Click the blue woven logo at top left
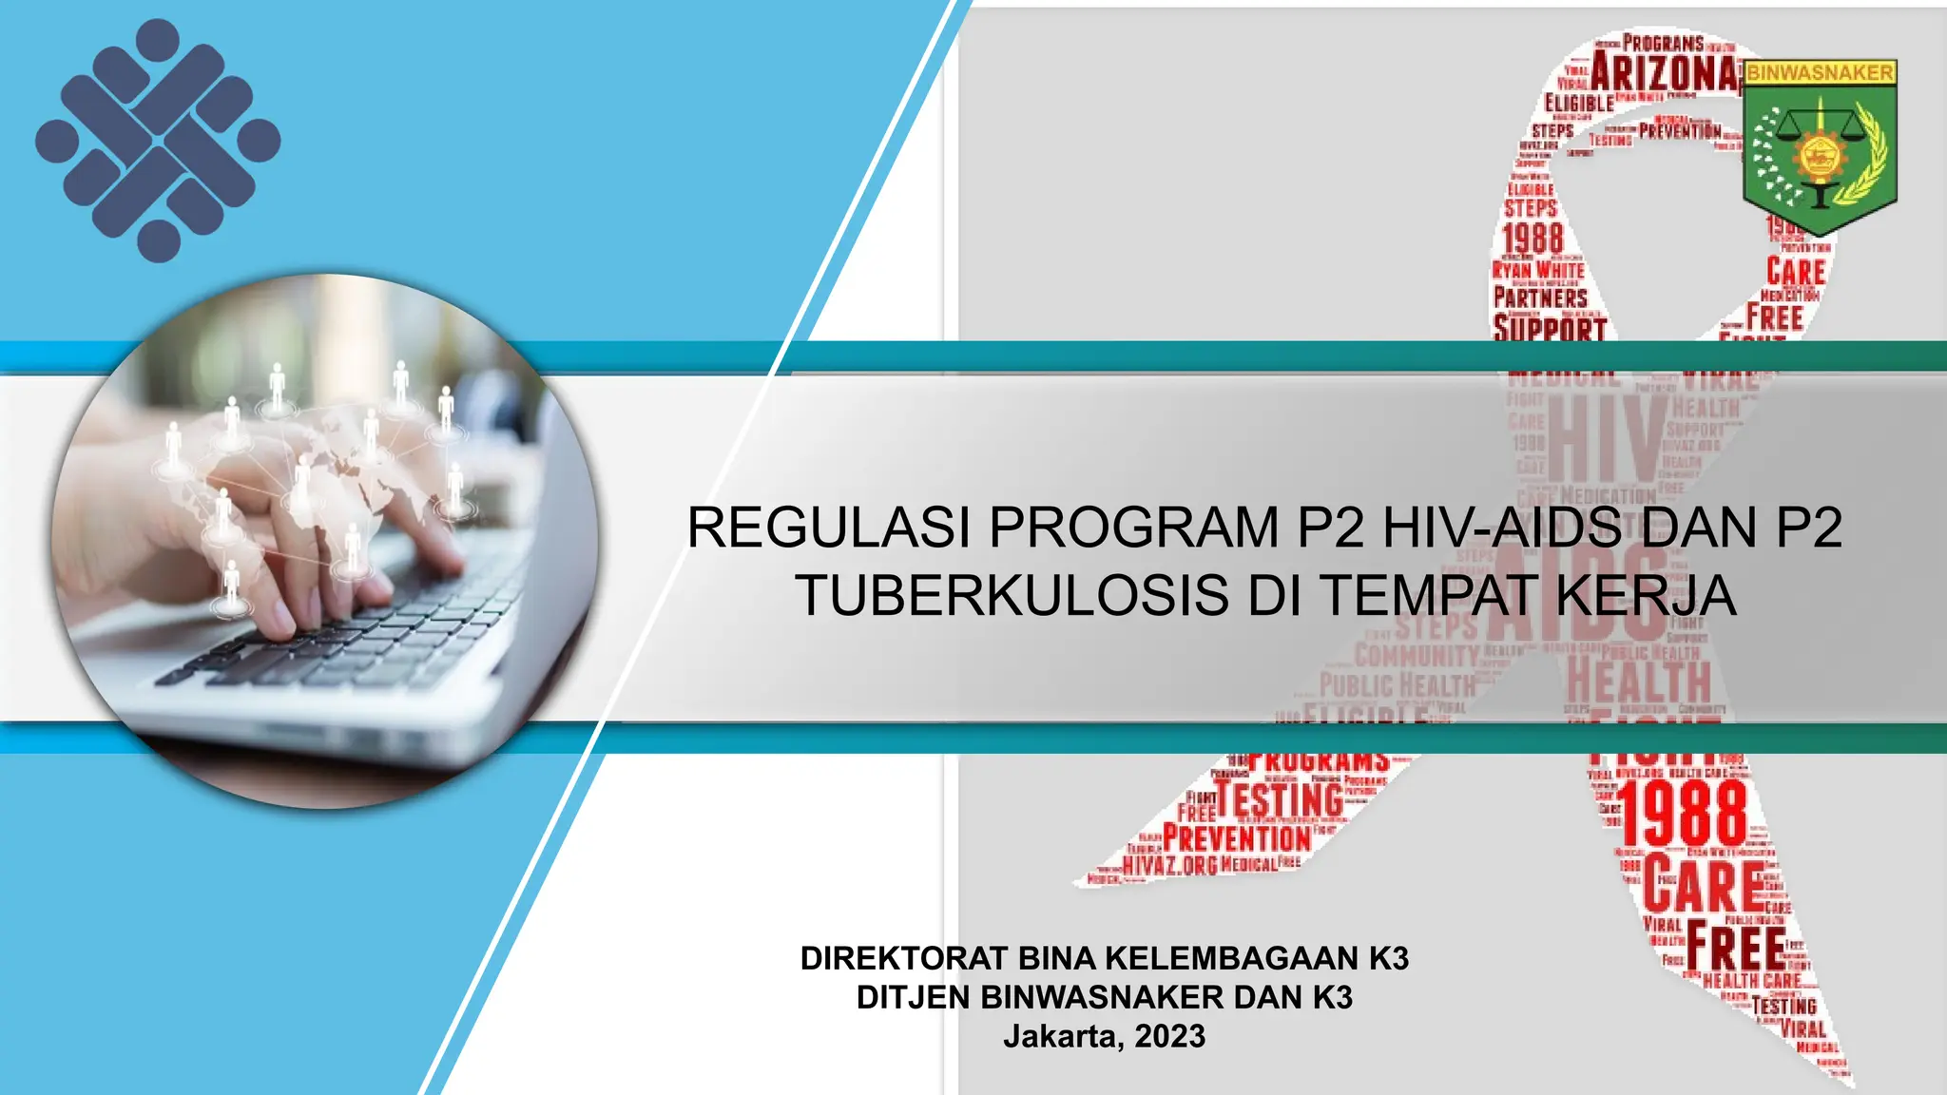point(158,141)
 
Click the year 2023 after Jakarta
point(1169,1036)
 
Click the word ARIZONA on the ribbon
point(1666,72)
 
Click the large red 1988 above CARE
point(1684,815)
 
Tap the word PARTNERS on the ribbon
point(1540,298)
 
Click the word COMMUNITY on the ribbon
point(1417,655)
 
